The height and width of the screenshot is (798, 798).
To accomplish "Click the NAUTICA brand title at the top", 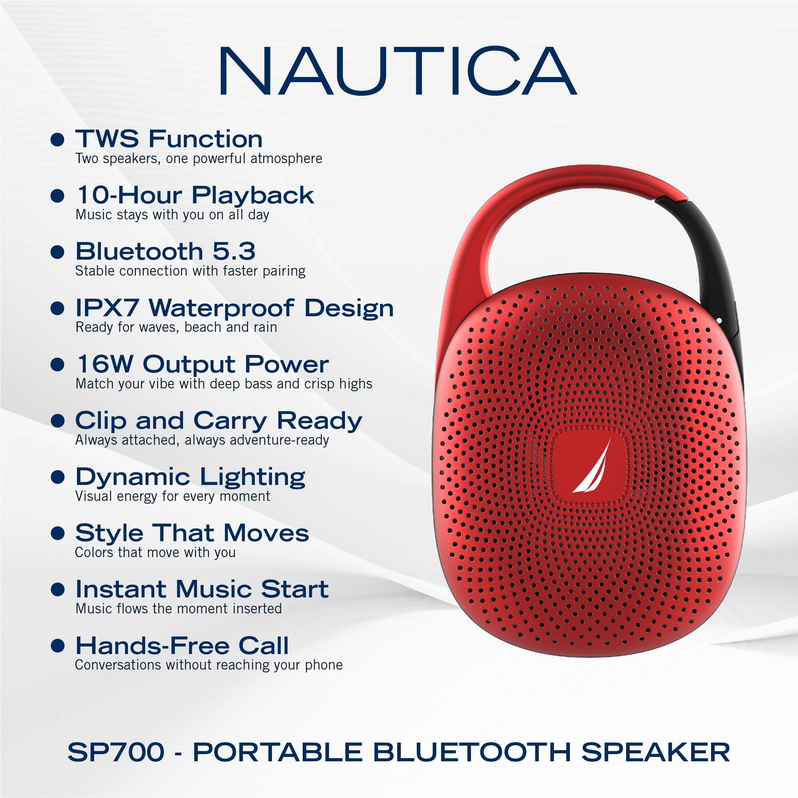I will point(397,71).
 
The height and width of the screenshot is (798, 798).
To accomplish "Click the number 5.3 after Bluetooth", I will point(234,251).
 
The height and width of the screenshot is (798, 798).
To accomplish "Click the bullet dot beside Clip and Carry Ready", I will point(57,421).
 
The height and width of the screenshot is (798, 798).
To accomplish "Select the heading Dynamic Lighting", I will point(190,477).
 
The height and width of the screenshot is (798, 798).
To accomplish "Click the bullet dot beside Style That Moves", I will point(57,533).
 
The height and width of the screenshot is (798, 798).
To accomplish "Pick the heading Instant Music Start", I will point(202,589).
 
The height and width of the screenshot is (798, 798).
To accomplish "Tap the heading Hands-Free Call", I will point(182,646).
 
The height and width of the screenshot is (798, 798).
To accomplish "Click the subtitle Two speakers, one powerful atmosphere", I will point(198,159).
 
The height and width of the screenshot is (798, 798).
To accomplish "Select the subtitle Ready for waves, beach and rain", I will point(176,327).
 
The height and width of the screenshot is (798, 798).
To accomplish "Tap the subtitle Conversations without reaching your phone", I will point(209,665).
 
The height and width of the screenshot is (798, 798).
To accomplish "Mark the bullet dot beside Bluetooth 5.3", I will point(57,252).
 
